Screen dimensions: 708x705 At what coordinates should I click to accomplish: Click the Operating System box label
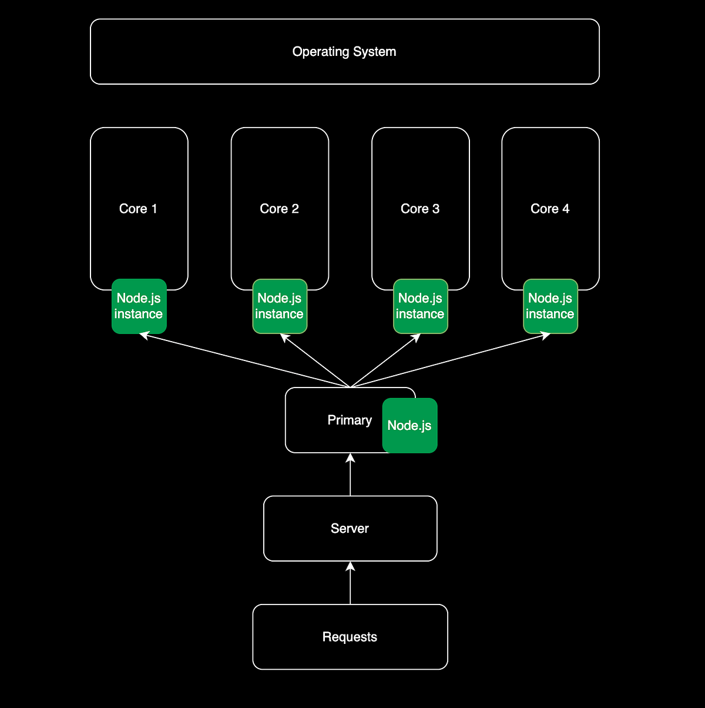click(x=344, y=52)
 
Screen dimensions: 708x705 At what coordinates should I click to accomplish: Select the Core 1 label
click(x=138, y=209)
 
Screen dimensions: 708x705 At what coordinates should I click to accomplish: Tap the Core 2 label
click(x=279, y=209)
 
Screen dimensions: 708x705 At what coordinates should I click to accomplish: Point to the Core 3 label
click(x=420, y=209)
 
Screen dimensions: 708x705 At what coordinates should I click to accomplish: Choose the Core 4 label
click(x=550, y=209)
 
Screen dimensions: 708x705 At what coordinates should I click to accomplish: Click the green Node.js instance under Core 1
click(x=139, y=306)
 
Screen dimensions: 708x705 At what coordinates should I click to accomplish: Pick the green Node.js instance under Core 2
click(x=280, y=306)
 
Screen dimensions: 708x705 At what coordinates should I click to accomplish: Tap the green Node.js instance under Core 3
click(x=421, y=306)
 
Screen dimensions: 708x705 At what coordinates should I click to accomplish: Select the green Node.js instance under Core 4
click(x=550, y=306)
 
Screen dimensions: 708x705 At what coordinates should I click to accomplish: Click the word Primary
click(x=350, y=420)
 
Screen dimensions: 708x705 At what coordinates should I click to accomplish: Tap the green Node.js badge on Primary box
click(x=409, y=426)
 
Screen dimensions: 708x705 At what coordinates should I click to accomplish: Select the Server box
click(x=350, y=529)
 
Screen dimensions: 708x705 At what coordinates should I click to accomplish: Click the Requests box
click(x=350, y=637)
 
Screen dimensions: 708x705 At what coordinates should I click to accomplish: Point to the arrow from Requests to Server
click(x=350, y=585)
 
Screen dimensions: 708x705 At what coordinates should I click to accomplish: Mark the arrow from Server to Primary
click(x=350, y=476)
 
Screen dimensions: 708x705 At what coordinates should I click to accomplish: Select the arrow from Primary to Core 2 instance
click(x=315, y=360)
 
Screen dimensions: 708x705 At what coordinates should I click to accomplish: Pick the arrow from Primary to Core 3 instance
click(x=385, y=360)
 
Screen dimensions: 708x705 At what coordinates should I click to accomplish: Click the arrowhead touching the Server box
click(x=350, y=566)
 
